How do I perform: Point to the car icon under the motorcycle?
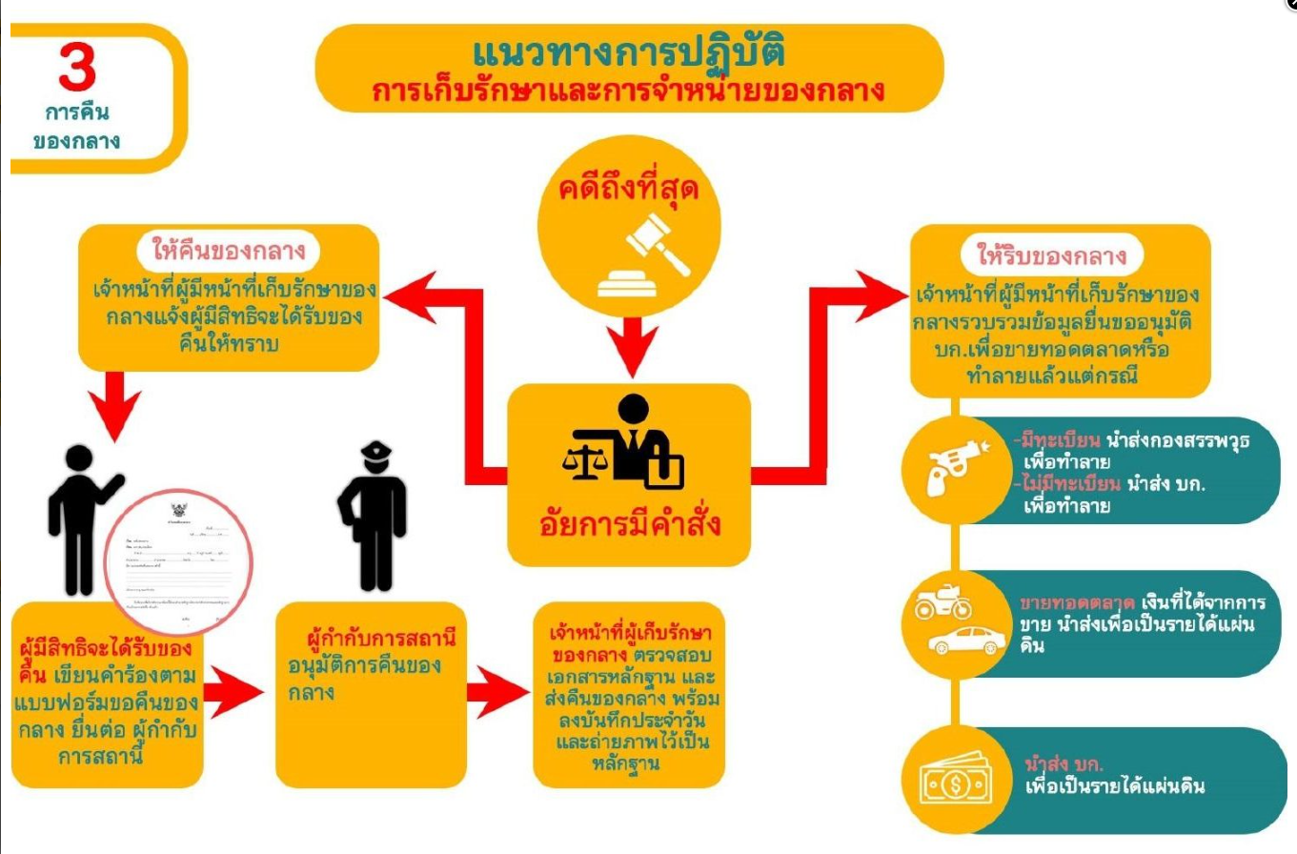(955, 640)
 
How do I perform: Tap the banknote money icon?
(956, 782)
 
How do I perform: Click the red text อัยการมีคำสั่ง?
(628, 525)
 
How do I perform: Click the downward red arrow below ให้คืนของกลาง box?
(113, 405)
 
